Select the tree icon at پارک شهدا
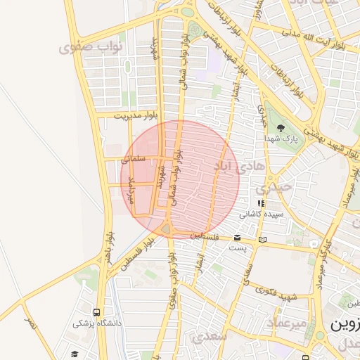(281, 128)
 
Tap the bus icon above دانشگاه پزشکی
(96, 311)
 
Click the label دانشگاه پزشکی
(98, 323)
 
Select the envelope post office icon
(237, 238)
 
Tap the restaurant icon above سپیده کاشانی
(260, 203)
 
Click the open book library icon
(262, 240)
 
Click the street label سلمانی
(133, 159)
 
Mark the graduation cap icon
(75, 354)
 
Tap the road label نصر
(29, 323)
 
